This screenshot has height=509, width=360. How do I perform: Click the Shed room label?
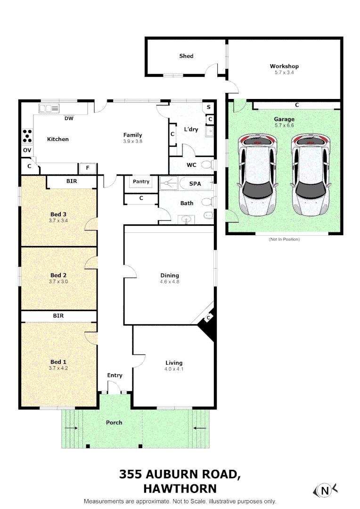186,56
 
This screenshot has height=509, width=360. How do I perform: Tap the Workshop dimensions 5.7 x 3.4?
284,73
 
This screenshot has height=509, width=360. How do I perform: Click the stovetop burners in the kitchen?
28,136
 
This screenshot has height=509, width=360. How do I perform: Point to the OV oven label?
27,150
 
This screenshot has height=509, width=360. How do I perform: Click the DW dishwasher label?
69,119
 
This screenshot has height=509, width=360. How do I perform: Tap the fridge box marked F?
87,168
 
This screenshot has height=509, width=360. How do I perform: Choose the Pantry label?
141,181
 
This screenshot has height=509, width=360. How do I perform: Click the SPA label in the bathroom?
195,183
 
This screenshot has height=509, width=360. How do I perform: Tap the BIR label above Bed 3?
72,181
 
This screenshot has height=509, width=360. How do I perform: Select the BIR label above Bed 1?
58,316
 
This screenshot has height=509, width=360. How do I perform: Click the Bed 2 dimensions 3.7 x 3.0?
58,281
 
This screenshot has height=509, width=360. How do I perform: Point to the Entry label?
115,375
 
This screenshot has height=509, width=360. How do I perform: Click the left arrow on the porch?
71,428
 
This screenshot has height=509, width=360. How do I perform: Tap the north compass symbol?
324,491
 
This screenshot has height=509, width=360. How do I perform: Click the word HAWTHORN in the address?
180,488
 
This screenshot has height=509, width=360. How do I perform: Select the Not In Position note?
284,239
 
